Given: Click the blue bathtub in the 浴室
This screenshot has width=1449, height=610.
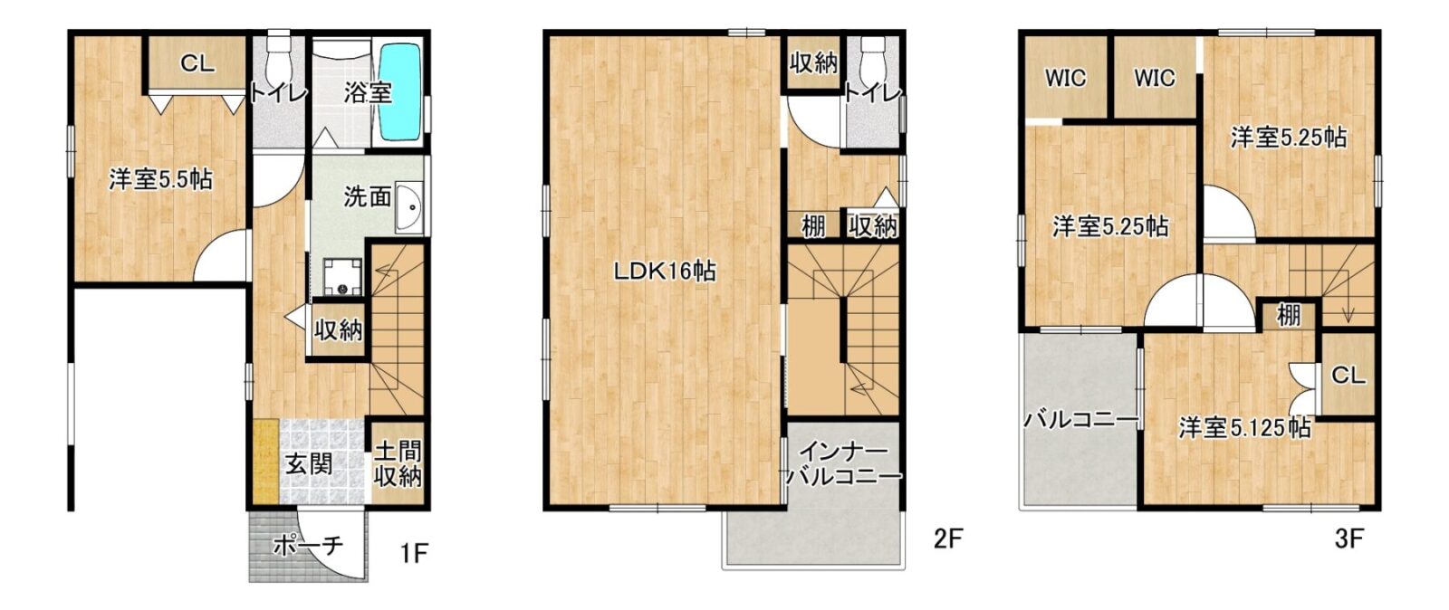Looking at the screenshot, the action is tap(399, 91).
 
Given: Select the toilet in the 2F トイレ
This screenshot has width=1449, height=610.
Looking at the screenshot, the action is tap(873, 54).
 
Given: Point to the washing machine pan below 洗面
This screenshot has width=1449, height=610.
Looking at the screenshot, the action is tap(343, 277).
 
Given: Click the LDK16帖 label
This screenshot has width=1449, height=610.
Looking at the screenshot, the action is tap(665, 272).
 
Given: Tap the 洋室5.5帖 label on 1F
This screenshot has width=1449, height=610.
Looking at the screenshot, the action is tap(160, 179).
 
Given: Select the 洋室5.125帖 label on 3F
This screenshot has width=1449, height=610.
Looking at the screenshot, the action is tap(1244, 428).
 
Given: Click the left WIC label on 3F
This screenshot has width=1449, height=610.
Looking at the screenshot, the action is tap(1065, 78).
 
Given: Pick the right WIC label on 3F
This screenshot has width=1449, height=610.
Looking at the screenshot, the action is tap(1154, 78).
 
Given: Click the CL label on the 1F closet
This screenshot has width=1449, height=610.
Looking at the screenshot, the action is tap(197, 63).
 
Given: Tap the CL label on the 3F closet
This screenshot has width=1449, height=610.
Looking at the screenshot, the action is tap(1348, 376).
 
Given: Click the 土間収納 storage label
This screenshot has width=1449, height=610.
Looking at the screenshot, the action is tap(398, 463).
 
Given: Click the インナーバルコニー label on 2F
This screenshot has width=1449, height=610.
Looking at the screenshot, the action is tap(843, 463).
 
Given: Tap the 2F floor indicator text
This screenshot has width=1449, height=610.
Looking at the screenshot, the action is tap(949, 539).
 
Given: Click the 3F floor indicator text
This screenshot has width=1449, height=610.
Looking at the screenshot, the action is tap(1348, 539).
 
